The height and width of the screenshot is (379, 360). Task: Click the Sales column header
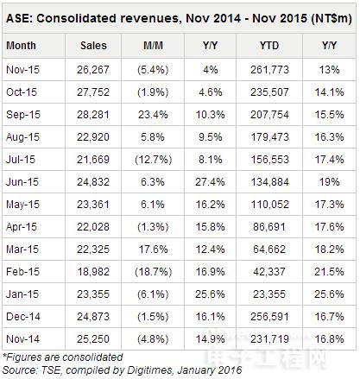pyautogui.click(x=93, y=46)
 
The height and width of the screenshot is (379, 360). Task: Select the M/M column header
pyautogui.click(x=153, y=46)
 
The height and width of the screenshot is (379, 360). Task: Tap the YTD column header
pyautogui.click(x=269, y=46)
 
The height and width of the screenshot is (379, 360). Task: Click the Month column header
pyautogui.click(x=21, y=46)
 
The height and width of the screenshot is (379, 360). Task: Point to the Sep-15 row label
pyautogui.click(x=23, y=115)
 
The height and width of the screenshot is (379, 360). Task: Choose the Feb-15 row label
pyautogui.click(x=22, y=272)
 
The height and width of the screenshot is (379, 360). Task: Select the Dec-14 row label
pyautogui.click(x=23, y=317)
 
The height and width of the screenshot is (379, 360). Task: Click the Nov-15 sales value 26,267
pyautogui.click(x=93, y=70)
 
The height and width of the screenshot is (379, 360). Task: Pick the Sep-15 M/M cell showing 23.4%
pyautogui.click(x=153, y=115)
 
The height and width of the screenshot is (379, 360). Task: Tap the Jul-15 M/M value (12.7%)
pyautogui.click(x=153, y=160)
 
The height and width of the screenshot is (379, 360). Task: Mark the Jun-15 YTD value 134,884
pyautogui.click(x=269, y=182)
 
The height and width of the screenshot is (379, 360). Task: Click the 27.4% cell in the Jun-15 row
pyautogui.click(x=210, y=182)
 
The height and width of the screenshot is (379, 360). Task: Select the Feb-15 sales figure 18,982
pyautogui.click(x=93, y=272)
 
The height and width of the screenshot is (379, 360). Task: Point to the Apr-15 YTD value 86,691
pyautogui.click(x=269, y=227)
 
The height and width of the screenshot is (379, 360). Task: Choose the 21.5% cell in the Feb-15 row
pyautogui.click(x=329, y=272)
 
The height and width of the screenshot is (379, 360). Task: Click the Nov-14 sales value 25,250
pyautogui.click(x=93, y=339)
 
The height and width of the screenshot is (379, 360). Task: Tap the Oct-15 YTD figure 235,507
pyautogui.click(x=269, y=92)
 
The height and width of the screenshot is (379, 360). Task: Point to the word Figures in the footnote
pyautogui.click(x=23, y=357)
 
